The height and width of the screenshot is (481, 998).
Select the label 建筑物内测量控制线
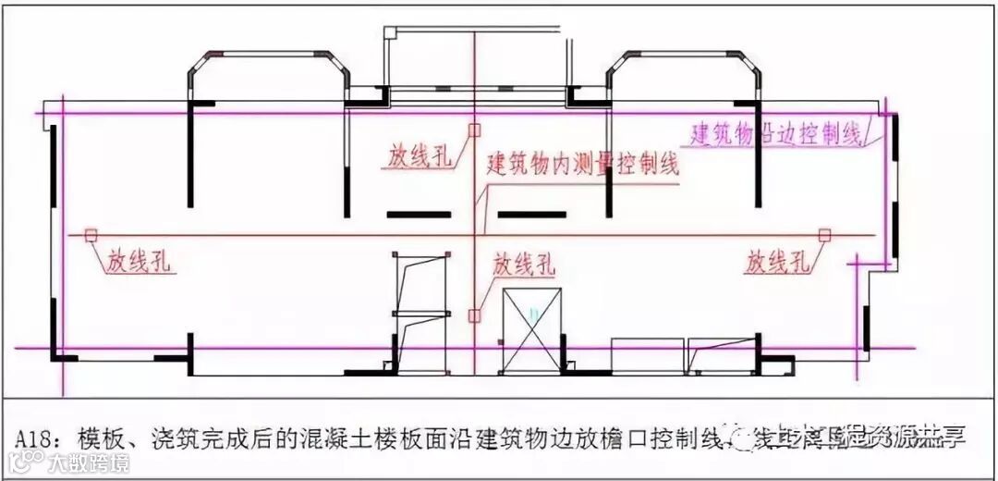coord(583,166)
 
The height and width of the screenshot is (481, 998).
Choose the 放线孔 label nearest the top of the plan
coord(420,157)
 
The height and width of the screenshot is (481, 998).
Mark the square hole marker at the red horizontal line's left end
coord(90,235)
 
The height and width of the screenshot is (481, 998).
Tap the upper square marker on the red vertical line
coord(473,130)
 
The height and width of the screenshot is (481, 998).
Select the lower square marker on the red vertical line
coord(473,315)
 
